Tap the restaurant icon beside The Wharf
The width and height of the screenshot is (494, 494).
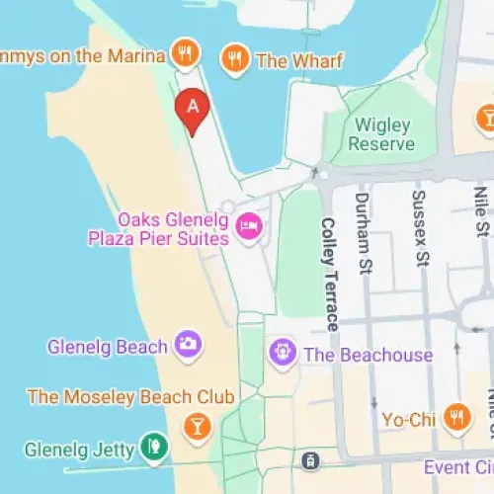tap(234, 58)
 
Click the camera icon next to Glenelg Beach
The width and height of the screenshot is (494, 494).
tap(187, 345)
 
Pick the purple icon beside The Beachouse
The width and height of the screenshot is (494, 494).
tap(284, 353)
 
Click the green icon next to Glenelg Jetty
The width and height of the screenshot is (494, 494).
tap(152, 448)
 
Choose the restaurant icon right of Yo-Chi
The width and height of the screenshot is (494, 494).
tap(455, 417)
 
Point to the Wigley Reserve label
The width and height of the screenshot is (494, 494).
tap(385, 133)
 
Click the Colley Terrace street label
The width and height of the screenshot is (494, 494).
tap(329, 274)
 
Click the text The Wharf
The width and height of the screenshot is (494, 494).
tap(299, 60)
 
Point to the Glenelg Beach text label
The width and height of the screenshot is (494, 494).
tap(108, 347)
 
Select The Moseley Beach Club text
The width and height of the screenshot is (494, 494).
tap(130, 397)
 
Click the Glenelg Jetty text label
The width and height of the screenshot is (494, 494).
tap(67, 449)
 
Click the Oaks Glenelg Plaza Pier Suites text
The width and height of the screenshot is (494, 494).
tap(173, 228)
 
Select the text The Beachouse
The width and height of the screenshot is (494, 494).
tap(368, 355)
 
